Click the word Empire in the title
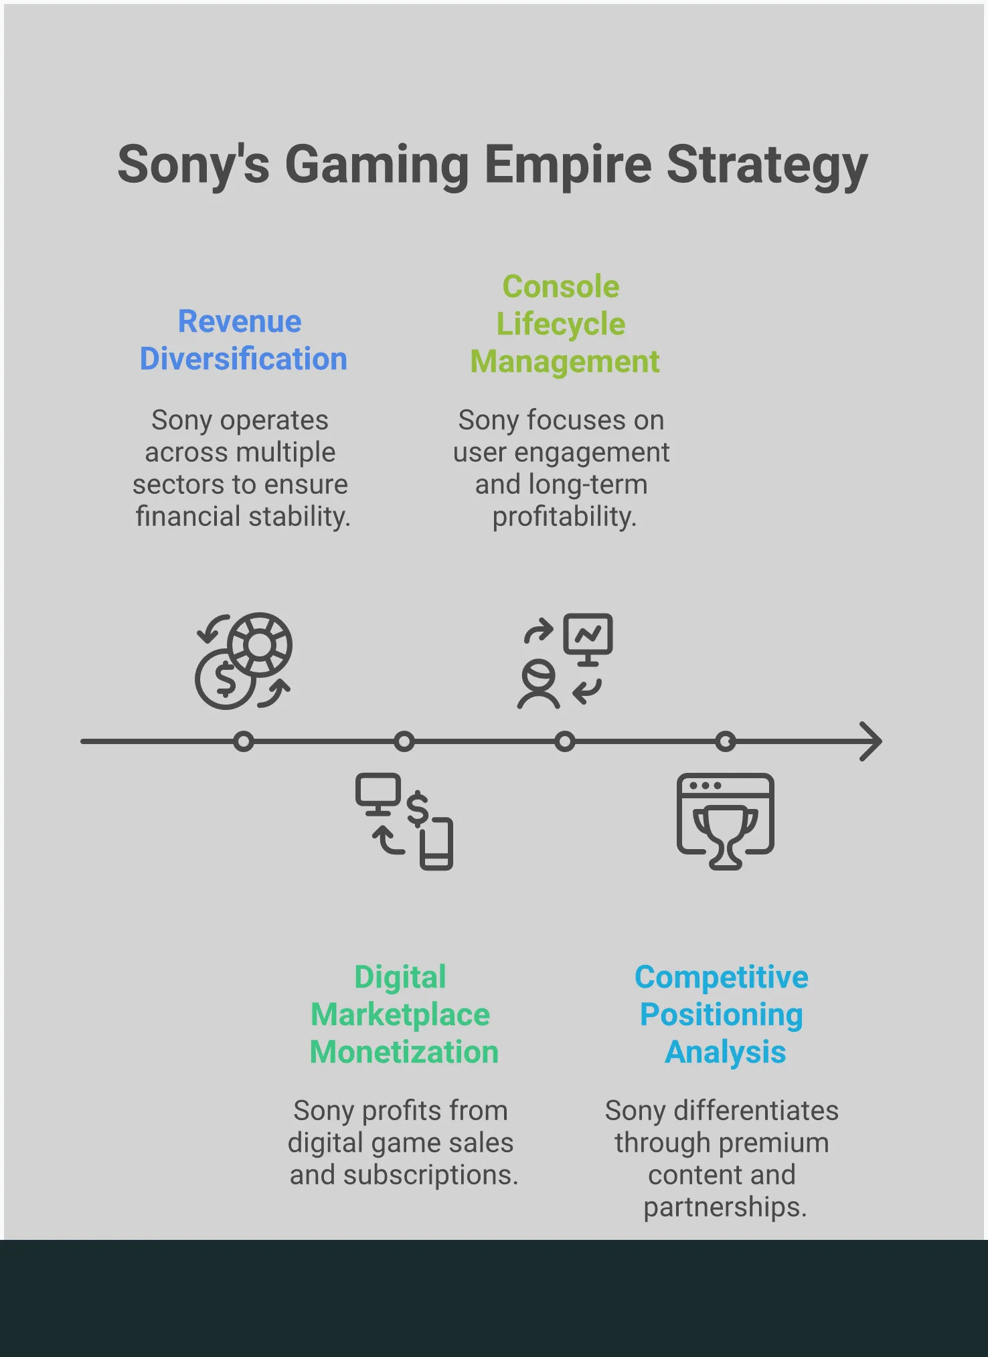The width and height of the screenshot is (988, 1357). pyautogui.click(x=568, y=165)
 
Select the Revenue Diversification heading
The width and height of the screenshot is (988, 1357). pyautogui.click(x=243, y=340)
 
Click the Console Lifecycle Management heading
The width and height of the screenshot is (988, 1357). pyautogui.click(x=564, y=324)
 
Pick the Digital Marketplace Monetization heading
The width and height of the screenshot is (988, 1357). pyautogui.click(x=404, y=1014)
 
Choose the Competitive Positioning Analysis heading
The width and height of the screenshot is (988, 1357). pyautogui.click(x=722, y=1014)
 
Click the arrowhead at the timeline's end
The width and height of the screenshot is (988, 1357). pyautogui.click(x=872, y=741)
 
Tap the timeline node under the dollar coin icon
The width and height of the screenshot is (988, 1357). pyautogui.click(x=244, y=741)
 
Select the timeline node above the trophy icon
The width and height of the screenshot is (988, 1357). pyautogui.click(x=726, y=741)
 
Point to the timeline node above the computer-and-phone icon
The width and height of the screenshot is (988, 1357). pyautogui.click(x=404, y=741)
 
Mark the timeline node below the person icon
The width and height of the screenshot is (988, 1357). pyautogui.click(x=565, y=741)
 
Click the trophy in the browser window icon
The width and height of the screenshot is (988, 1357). pyautogui.click(x=726, y=836)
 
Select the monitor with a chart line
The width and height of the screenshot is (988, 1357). pyautogui.click(x=588, y=639)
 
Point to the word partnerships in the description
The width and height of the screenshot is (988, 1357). pyautogui.click(x=726, y=1208)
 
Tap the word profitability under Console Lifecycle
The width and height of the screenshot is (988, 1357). pyautogui.click(x=564, y=517)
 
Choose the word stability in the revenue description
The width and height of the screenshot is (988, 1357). pyautogui.click(x=299, y=517)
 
